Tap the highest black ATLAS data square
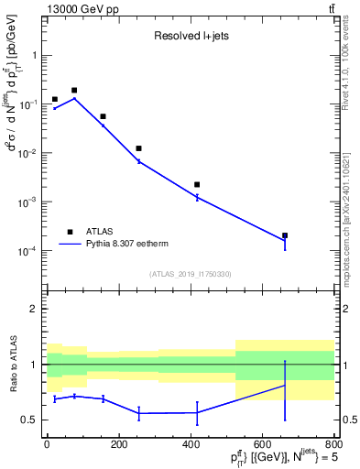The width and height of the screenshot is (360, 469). point(74,91)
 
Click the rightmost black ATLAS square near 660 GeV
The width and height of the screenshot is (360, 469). point(285,235)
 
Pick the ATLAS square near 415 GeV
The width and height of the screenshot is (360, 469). point(197,185)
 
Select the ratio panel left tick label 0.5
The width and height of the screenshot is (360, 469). point(31,420)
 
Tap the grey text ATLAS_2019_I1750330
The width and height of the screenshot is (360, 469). point(190,274)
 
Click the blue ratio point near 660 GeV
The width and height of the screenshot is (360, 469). point(285,385)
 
